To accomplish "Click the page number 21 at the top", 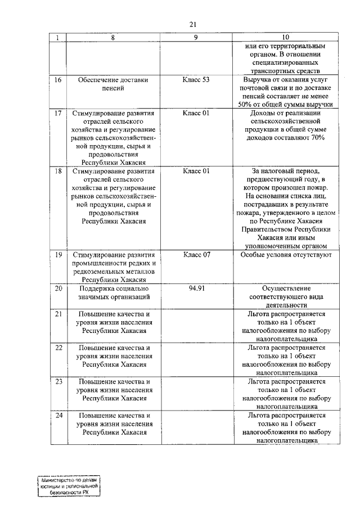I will [x=193, y=24].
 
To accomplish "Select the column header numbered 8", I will [x=114, y=38].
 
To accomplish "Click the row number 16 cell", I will [x=57, y=80].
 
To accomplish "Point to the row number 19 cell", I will [x=57, y=255].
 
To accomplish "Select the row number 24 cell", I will [x=57, y=415].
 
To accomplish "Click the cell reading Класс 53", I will [x=196, y=80].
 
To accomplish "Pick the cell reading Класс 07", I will [x=196, y=255].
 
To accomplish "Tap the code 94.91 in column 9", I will [x=196, y=288].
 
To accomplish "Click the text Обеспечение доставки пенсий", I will [x=114, y=84].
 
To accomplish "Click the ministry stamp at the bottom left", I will [x=69, y=485].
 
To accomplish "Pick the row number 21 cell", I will [x=57, y=313].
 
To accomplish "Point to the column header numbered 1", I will [x=57, y=38].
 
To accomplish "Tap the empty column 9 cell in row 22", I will [x=196, y=359].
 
